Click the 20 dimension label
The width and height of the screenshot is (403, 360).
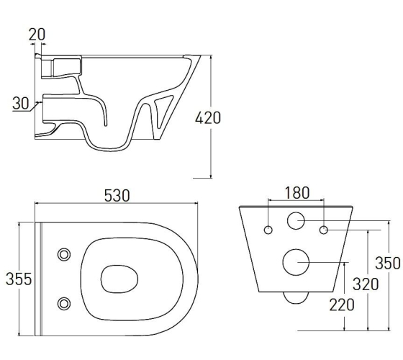click(x=37, y=35)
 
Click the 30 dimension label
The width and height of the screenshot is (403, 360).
click(x=21, y=103)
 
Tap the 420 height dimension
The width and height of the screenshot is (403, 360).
click(x=208, y=118)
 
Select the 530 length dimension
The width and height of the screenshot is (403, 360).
click(x=117, y=196)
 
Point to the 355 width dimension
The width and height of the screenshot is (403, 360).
click(x=19, y=279)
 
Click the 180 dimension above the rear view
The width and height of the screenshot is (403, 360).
click(x=297, y=193)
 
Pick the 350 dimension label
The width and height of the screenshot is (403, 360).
click(x=388, y=263)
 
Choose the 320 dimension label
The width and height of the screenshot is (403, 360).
click(x=366, y=284)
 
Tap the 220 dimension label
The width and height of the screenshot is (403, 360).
click(x=342, y=305)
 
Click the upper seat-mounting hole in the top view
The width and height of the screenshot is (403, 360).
click(x=64, y=255)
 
